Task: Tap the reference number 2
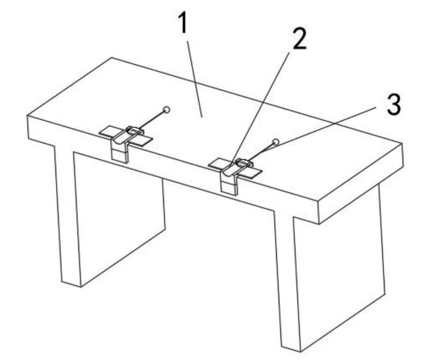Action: point(299,39)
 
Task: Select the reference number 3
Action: point(394,105)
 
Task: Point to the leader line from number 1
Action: point(194,79)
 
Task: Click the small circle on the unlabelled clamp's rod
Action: point(167,110)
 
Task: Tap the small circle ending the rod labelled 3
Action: point(276,142)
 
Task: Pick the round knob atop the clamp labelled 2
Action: point(243,163)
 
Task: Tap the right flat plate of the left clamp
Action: point(142,141)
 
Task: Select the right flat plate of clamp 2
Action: point(250,173)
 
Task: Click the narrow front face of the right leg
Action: point(287,280)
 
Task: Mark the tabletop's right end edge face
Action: point(361,183)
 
